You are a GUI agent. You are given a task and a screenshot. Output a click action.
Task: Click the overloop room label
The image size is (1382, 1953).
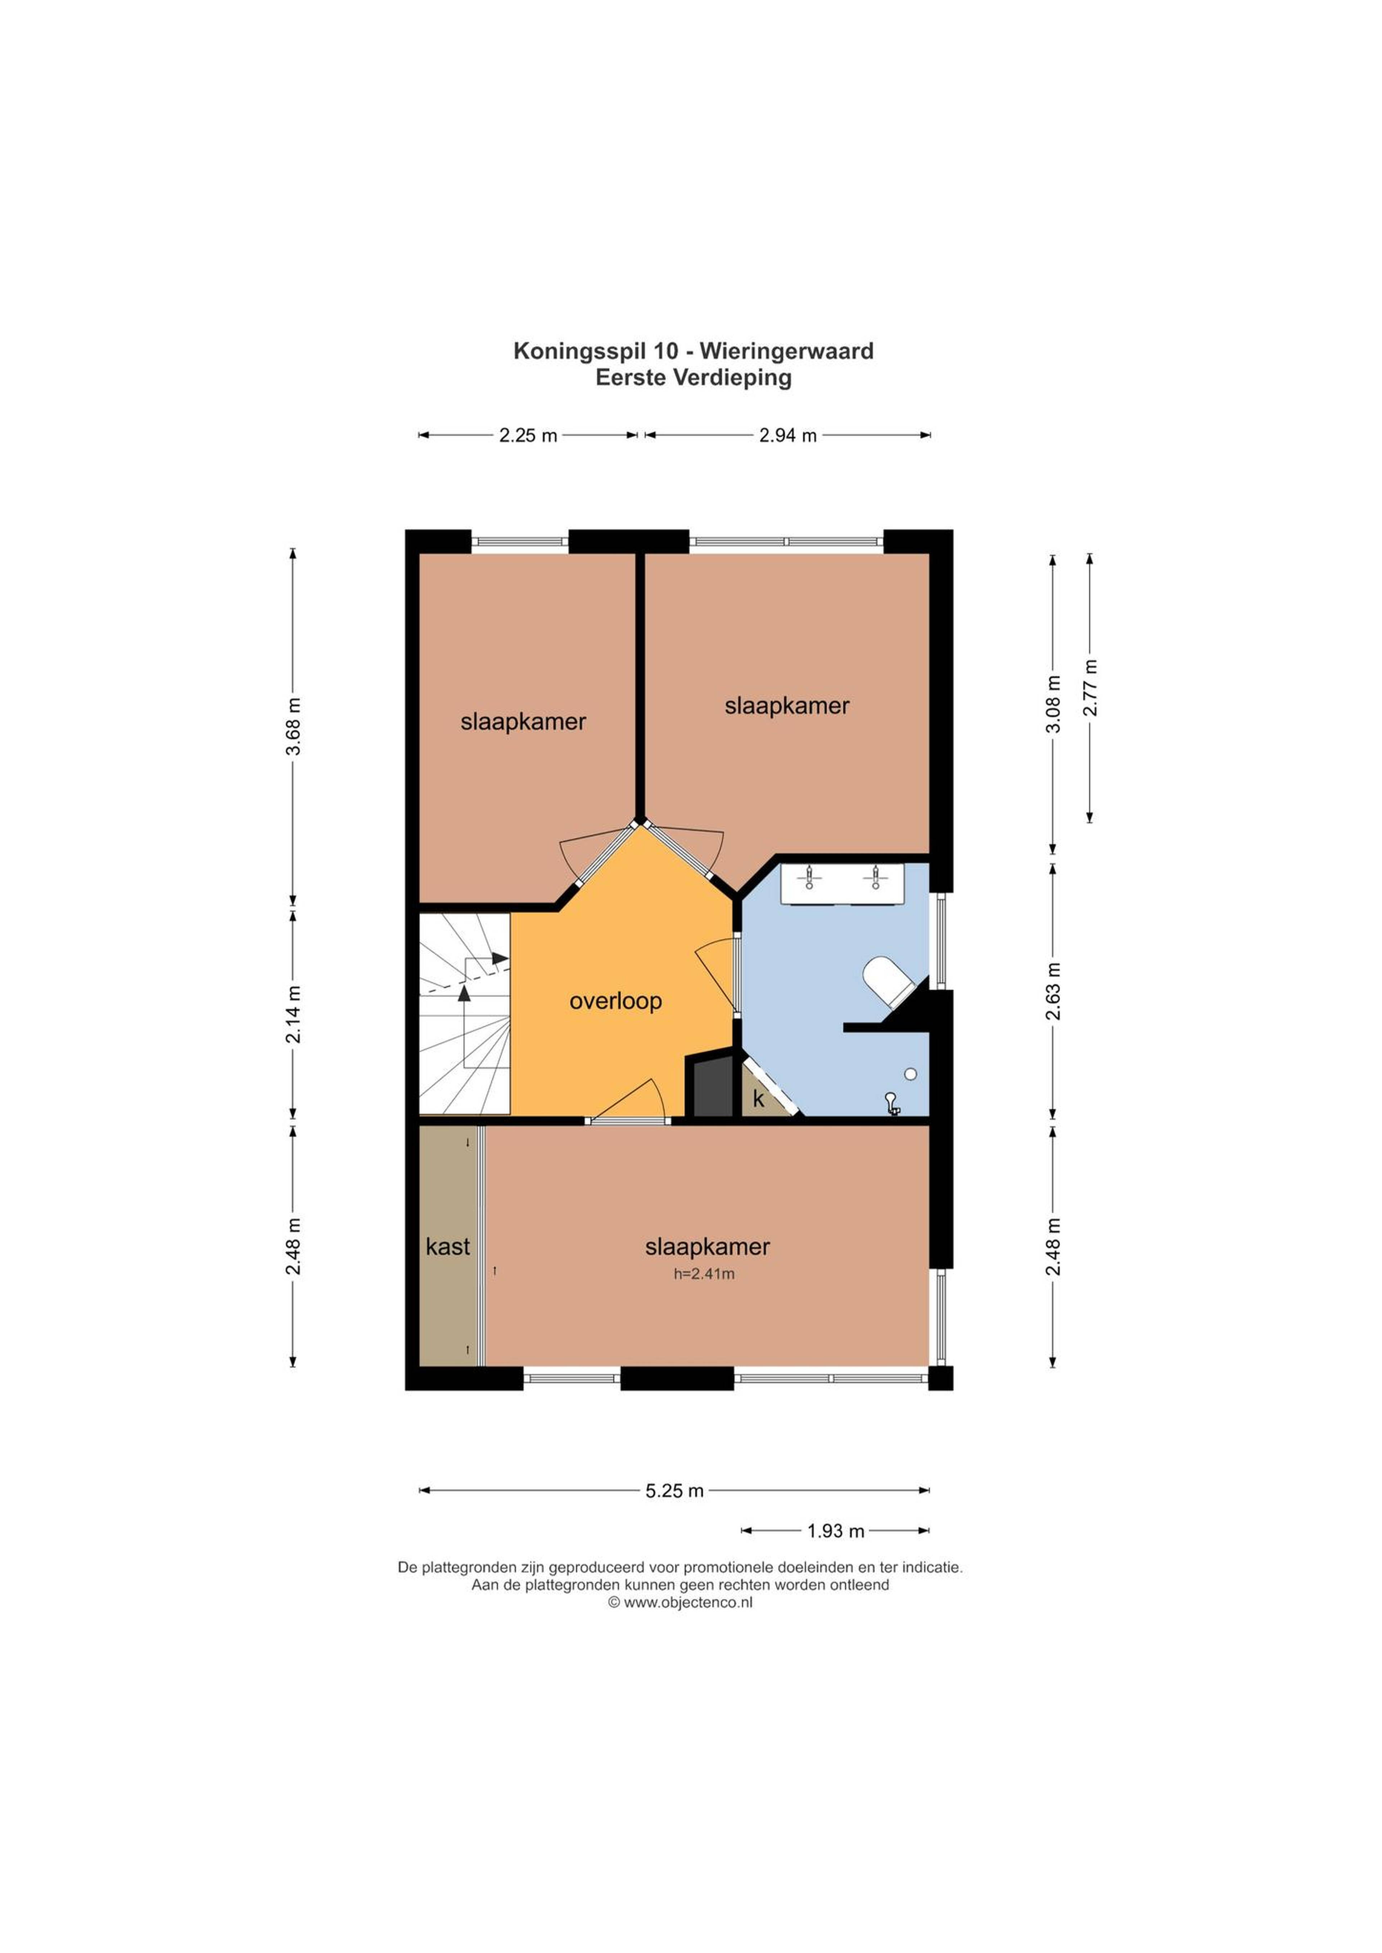[x=615, y=1001]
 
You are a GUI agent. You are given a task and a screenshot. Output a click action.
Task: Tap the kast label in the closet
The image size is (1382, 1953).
[x=448, y=1247]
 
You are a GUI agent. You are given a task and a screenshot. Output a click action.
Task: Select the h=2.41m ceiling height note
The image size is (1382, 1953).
[x=704, y=1274]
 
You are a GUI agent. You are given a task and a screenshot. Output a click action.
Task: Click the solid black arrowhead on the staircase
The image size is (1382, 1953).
[x=464, y=992]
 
